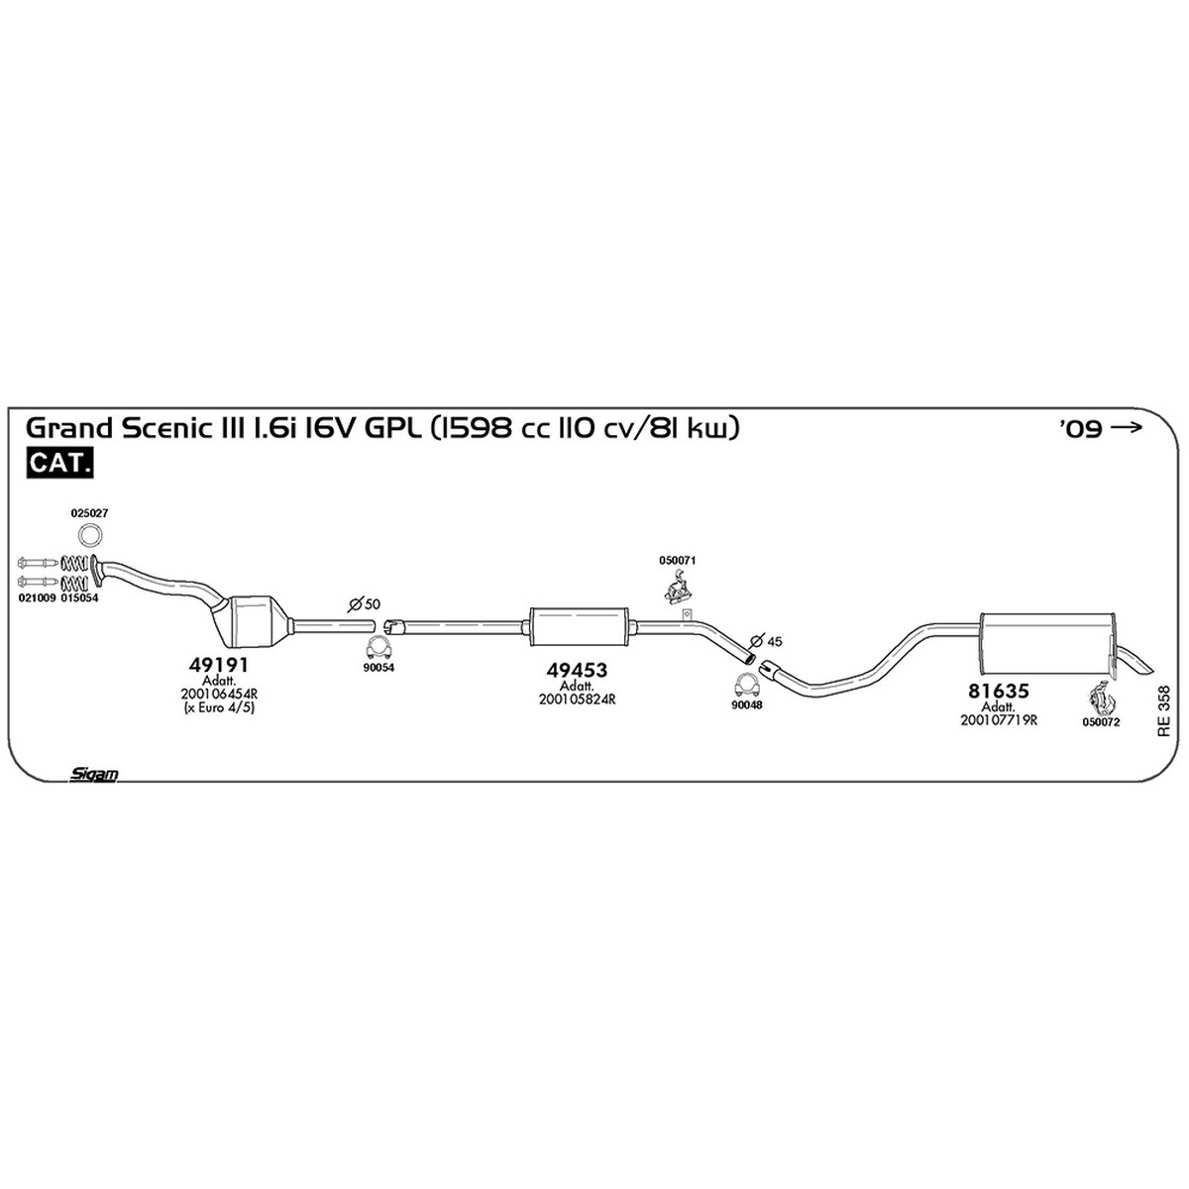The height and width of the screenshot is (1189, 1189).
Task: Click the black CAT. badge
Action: pyautogui.click(x=59, y=463)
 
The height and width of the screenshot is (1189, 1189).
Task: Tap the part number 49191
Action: pyautogui.click(x=218, y=665)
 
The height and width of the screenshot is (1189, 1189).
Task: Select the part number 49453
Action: pyautogui.click(x=577, y=670)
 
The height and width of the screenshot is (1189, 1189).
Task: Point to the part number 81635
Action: pyautogui.click(x=998, y=691)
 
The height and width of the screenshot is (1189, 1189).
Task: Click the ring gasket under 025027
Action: pyautogui.click(x=91, y=534)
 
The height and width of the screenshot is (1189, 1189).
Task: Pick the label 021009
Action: pyautogui.click(x=37, y=597)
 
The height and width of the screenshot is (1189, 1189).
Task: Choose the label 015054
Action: pyautogui.click(x=79, y=597)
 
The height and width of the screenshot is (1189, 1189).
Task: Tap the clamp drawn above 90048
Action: pyautogui.click(x=747, y=686)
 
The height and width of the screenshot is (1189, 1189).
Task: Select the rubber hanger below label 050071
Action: pyautogui.click(x=678, y=587)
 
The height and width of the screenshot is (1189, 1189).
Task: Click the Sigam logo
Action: pyautogui.click(x=94, y=775)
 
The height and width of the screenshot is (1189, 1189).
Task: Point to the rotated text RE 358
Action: pyautogui.click(x=1163, y=711)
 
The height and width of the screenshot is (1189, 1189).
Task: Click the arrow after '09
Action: pyautogui.click(x=1126, y=427)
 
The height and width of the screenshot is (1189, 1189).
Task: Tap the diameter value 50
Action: pyautogui.click(x=373, y=604)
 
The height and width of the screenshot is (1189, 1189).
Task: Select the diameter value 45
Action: pyautogui.click(x=774, y=641)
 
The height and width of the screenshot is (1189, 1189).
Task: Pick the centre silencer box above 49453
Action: pyautogui.click(x=578, y=627)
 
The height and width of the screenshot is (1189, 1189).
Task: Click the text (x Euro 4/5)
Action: pyautogui.click(x=219, y=707)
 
